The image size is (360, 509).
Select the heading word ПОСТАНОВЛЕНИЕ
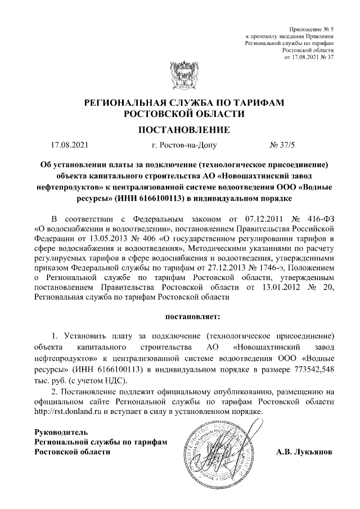(180, 130)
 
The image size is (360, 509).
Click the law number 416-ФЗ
(322, 218)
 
